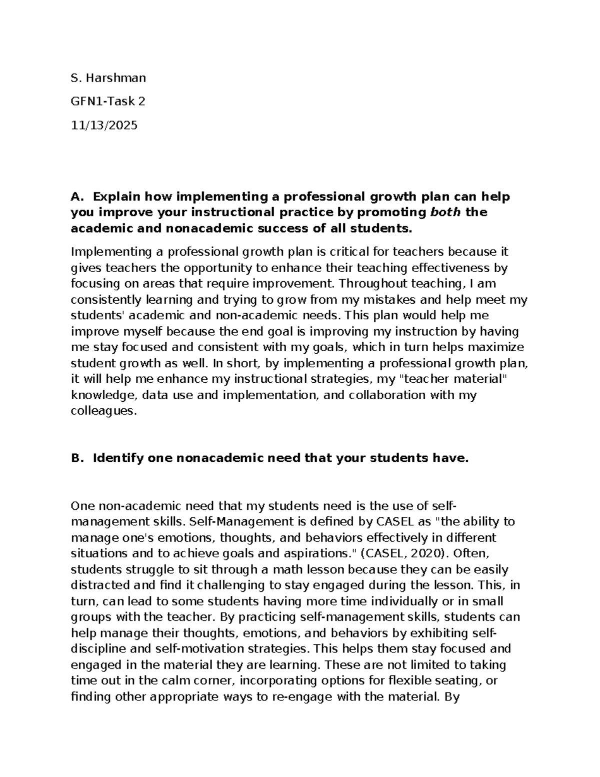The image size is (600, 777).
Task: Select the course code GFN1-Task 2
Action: pos(108,101)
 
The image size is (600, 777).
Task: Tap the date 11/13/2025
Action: pos(104,125)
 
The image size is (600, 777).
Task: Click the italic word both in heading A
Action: pos(446,212)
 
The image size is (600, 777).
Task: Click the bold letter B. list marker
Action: pos(76,458)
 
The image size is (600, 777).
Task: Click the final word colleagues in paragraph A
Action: pos(103,411)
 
